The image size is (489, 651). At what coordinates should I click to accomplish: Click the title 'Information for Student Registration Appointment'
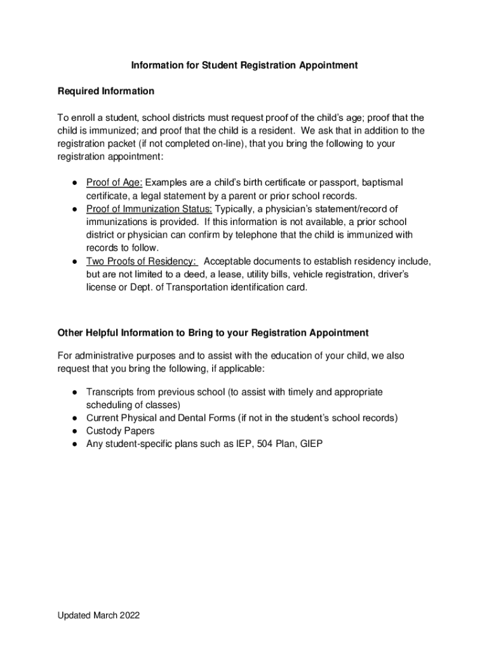point(245,65)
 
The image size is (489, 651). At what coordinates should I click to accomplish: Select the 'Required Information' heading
point(105,92)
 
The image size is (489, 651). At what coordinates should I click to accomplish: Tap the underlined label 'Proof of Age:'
point(114,183)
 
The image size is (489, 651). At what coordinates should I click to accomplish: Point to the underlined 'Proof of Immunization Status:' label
point(149,209)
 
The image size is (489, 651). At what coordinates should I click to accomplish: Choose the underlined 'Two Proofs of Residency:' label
point(142,261)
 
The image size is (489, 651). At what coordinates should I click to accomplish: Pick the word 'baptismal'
point(382,183)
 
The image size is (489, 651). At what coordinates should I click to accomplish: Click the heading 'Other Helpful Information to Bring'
point(213,333)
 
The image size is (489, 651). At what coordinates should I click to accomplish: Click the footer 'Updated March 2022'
point(98,615)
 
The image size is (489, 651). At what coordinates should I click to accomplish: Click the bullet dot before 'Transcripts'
point(74,393)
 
